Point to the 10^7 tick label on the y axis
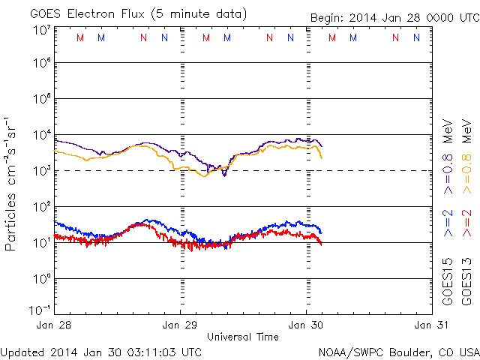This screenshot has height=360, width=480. pos(42,29)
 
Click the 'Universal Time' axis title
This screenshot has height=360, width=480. pos(243,337)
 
